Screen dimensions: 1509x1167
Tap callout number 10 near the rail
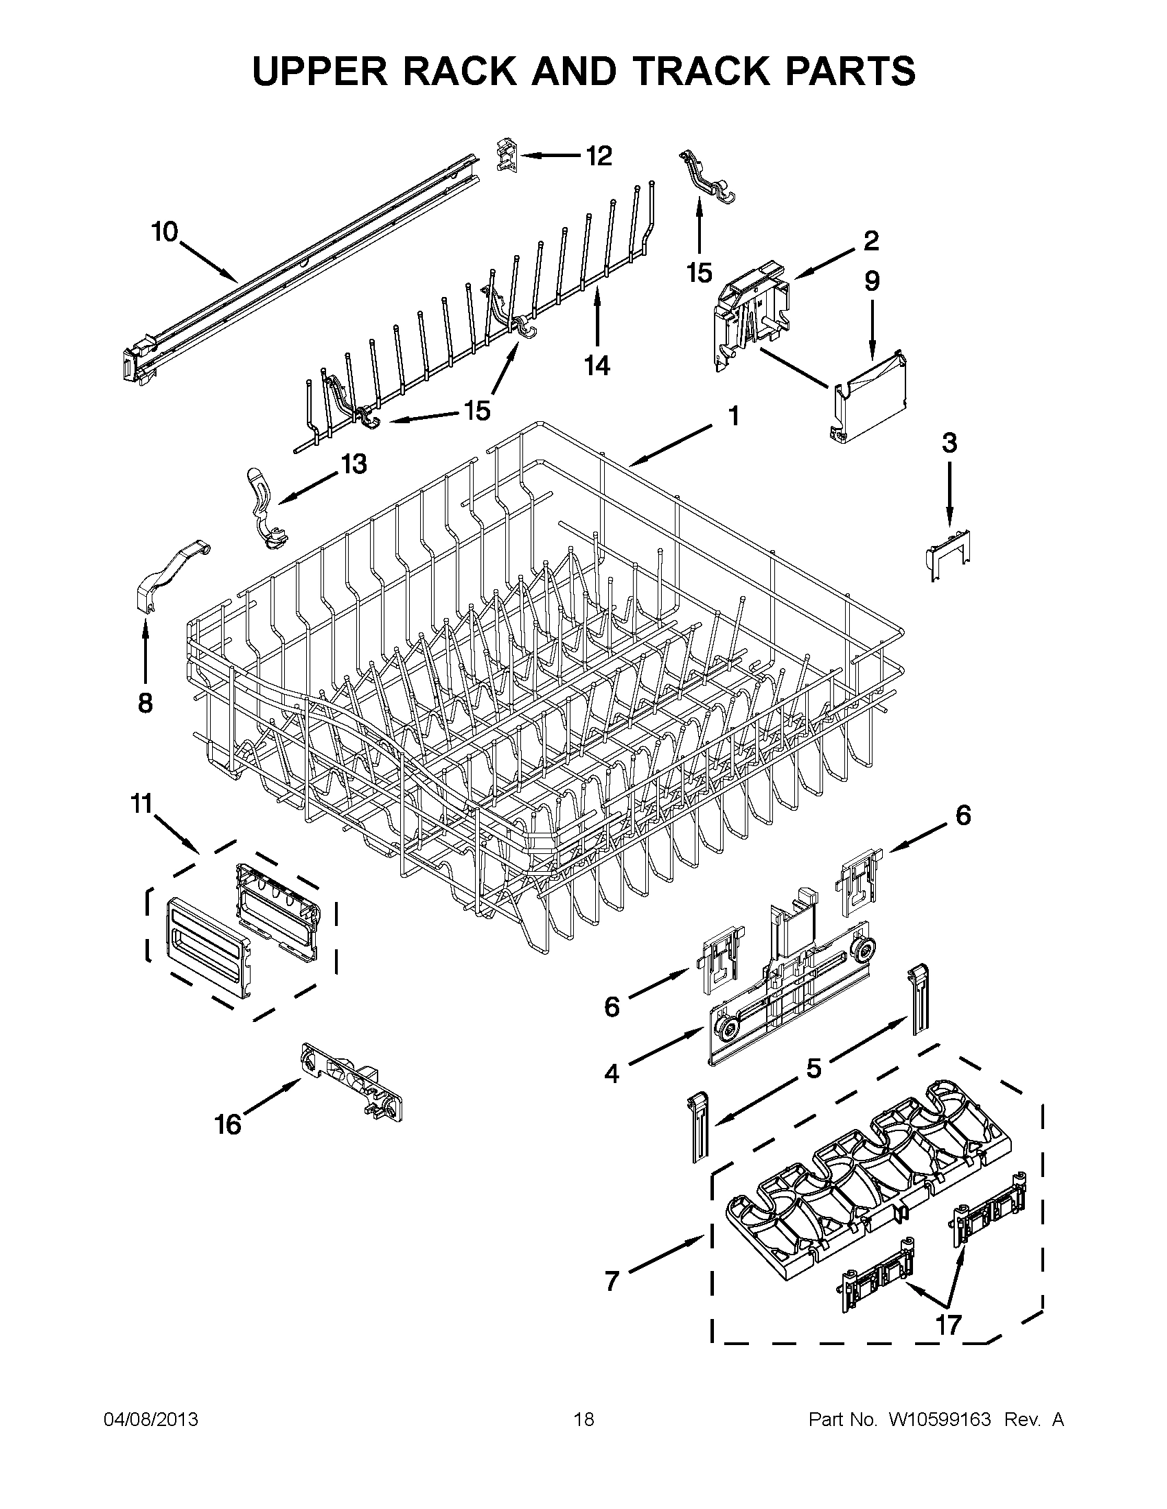pyautogui.click(x=165, y=232)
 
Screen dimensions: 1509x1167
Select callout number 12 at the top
pyautogui.click(x=599, y=156)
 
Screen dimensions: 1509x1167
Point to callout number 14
pyautogui.click(x=597, y=365)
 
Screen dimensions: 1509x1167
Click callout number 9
pyautogui.click(x=872, y=281)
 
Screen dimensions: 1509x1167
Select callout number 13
pyautogui.click(x=354, y=464)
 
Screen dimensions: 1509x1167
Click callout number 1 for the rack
pyautogui.click(x=734, y=416)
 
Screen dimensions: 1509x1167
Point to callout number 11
pyautogui.click(x=141, y=805)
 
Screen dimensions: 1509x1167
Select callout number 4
pyautogui.click(x=612, y=1073)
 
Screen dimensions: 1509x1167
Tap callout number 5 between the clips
pyautogui.click(x=813, y=1067)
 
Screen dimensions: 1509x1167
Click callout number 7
pyautogui.click(x=612, y=1281)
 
